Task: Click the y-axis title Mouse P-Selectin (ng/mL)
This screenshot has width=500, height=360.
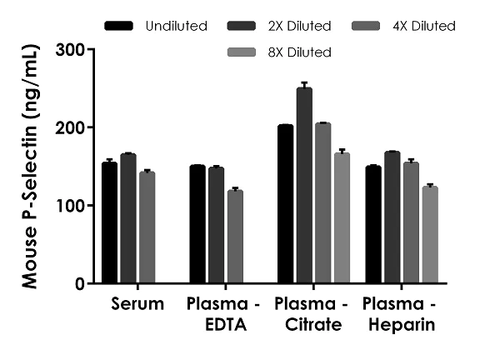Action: [31, 167]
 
